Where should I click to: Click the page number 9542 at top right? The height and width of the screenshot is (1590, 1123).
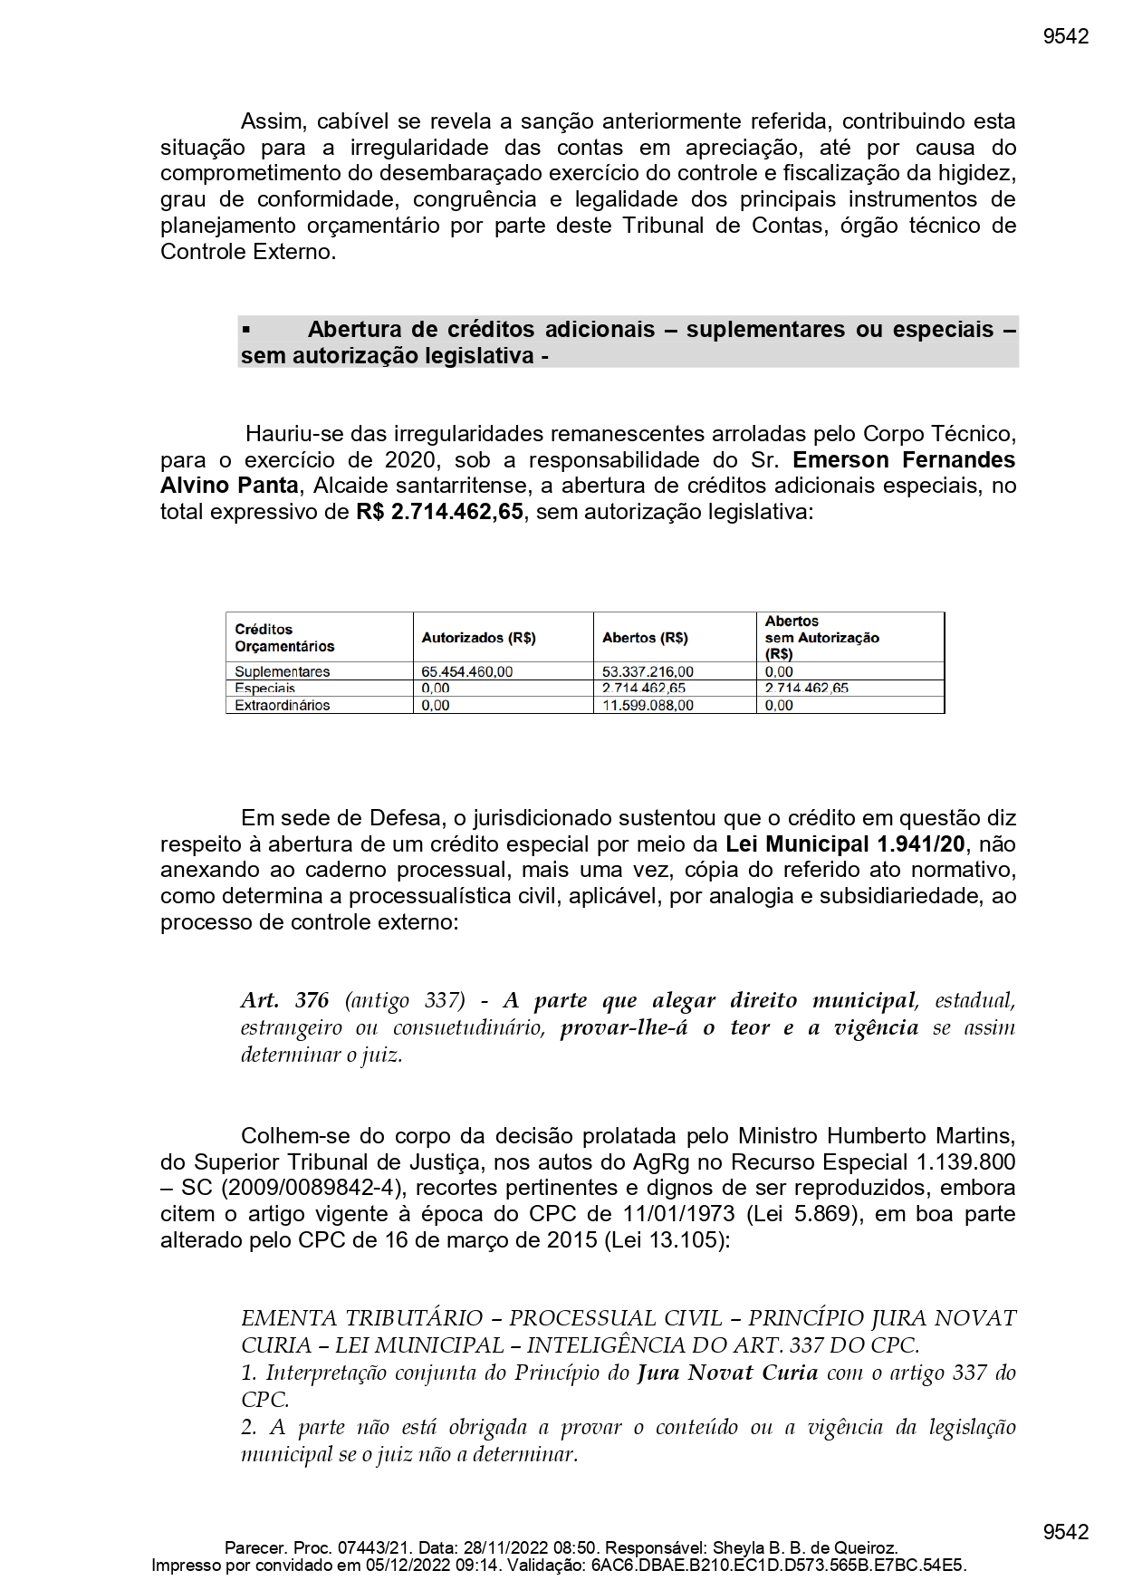pos(1065,36)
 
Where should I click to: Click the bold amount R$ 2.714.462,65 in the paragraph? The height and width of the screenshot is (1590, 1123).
pos(439,512)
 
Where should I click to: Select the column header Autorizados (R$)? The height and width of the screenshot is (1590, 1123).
pos(478,638)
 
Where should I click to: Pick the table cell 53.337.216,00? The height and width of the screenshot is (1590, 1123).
pos(648,672)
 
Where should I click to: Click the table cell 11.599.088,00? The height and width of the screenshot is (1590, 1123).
pos(648,706)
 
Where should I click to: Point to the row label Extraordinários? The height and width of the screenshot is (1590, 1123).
pos(282,706)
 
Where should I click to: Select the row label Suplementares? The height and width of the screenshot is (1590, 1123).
pos(282,672)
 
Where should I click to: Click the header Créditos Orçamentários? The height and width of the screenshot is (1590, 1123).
pos(284,638)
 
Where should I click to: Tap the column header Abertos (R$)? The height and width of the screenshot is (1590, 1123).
pos(645,638)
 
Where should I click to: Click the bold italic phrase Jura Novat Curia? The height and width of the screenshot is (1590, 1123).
pos(727,1373)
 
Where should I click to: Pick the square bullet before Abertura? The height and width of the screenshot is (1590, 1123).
pos(246,330)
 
